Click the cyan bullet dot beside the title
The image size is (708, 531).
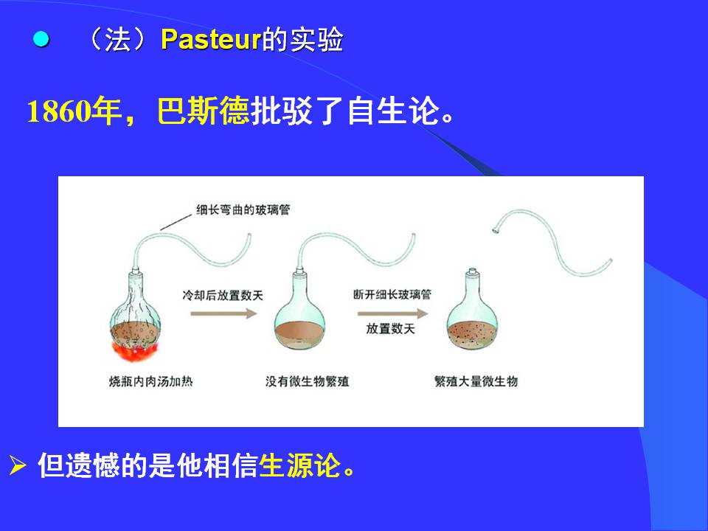(x=41, y=39)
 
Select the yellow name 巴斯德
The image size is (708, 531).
(x=204, y=111)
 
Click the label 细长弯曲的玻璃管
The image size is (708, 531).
(x=243, y=210)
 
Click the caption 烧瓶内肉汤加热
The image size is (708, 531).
(x=150, y=381)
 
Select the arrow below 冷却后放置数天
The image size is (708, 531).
(x=223, y=313)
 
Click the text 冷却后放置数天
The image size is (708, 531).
(x=223, y=295)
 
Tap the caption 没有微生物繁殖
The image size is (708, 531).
(x=307, y=381)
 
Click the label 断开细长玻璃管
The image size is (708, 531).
(x=392, y=295)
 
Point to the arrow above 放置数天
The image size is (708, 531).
(x=392, y=313)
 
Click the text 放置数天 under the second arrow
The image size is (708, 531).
(x=391, y=329)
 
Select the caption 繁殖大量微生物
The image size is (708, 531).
(x=476, y=381)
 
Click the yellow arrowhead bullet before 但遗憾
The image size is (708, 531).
(x=18, y=465)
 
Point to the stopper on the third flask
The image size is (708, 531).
(x=472, y=272)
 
